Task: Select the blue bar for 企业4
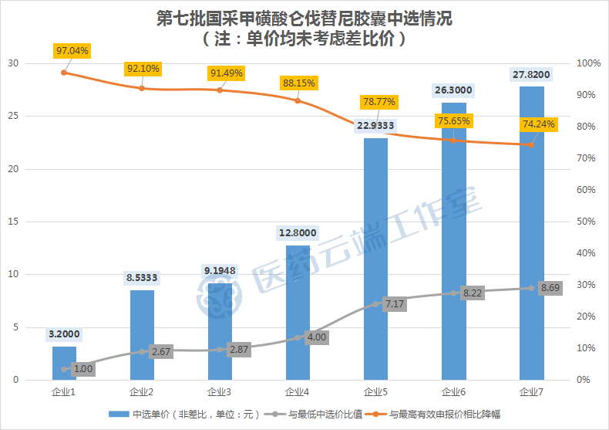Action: [x=298, y=313]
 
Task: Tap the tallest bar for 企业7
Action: [x=531, y=232]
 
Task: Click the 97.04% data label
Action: [x=72, y=51]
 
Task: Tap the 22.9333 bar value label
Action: [x=375, y=126]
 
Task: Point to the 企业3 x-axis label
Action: [x=220, y=392]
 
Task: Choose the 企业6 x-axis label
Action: [x=453, y=392]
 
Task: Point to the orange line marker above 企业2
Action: [x=142, y=88]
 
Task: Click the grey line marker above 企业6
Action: [x=453, y=293]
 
